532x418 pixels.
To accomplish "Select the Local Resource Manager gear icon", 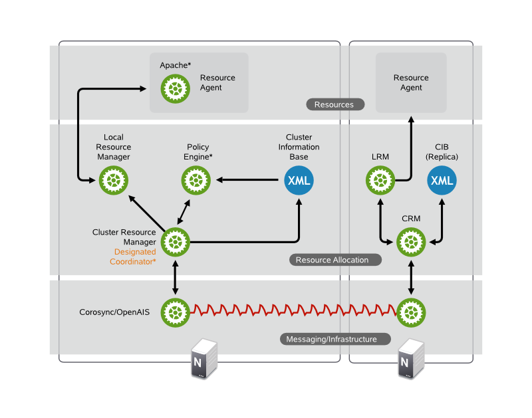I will point(113,179).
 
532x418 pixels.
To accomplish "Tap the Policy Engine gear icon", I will point(196,179).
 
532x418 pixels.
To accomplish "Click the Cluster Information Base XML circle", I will point(299,180).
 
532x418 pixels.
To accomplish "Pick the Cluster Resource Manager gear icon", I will point(176,241).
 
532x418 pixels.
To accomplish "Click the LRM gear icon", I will point(380,180).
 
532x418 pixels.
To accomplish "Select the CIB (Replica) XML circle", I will point(442,180).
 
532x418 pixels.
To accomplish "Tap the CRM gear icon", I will point(411,241).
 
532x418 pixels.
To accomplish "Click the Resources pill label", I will point(334,104).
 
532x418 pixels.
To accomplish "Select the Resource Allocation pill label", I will point(336,260).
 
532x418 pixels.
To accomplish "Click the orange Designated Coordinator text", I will point(134,257).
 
